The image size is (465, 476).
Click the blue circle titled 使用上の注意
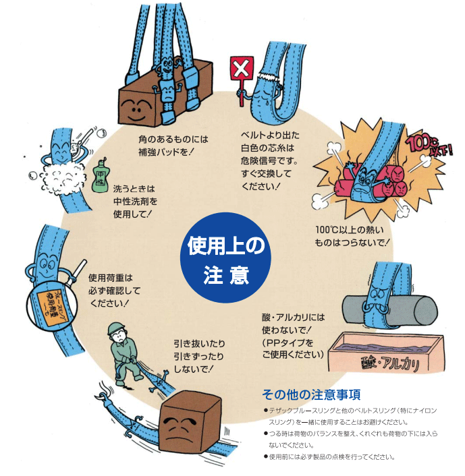pyautogui.click(x=225, y=258)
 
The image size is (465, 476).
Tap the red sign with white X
pyautogui.click(x=242, y=69)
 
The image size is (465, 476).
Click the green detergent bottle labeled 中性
pyautogui.click(x=101, y=176)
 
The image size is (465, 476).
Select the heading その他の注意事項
pyautogui.click(x=311, y=394)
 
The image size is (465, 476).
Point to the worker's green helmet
pyautogui.click(x=116, y=328)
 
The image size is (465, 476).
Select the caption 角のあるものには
pyautogui.click(x=173, y=140)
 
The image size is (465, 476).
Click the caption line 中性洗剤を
pyautogui.click(x=136, y=202)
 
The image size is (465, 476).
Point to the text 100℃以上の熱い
pyautogui.click(x=350, y=230)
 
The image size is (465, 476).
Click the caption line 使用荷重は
pyautogui.click(x=111, y=278)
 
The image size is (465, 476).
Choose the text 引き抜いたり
pyautogui.click(x=199, y=343)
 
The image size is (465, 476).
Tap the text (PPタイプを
pyautogui.click(x=288, y=343)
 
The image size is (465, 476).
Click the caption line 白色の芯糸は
pyautogui.click(x=268, y=148)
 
